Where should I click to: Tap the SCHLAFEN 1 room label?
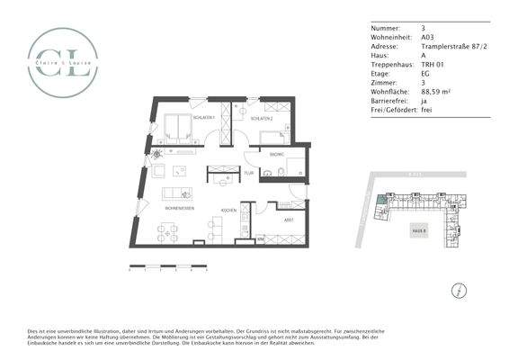177,117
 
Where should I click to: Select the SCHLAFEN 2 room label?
262,119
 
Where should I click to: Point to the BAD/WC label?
277,156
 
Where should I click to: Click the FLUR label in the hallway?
249,172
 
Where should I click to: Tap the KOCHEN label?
229,211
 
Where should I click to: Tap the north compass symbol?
460,290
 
